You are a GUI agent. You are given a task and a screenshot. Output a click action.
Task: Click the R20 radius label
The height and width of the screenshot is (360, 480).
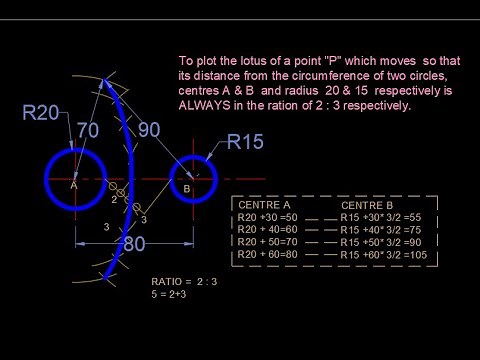[41, 112]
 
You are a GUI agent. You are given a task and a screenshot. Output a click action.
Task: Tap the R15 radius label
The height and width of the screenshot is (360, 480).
[245, 142]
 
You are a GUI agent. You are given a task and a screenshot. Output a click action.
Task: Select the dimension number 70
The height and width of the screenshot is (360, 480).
[87, 129]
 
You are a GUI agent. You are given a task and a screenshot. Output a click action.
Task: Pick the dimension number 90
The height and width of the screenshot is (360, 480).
[149, 129]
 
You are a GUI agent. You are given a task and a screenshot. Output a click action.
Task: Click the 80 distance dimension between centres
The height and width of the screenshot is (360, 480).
[134, 244]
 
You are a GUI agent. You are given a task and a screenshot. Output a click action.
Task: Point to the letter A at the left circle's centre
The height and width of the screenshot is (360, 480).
[74, 185]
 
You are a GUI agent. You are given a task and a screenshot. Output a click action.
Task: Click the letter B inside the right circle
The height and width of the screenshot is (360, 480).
[187, 188]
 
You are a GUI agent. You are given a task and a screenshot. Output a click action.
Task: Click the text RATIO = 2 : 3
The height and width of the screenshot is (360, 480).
[184, 281]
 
